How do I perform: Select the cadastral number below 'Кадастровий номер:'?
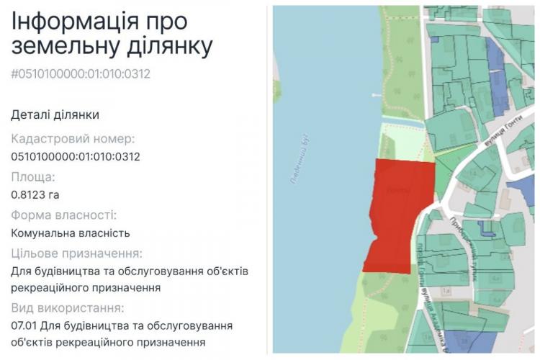[x=76, y=156]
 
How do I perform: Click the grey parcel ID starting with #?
[x=81, y=73]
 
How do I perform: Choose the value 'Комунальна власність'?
[x=71, y=233]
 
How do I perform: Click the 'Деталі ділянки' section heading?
[x=55, y=114]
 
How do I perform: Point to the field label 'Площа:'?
[x=33, y=177]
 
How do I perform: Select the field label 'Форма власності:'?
[x=64, y=215]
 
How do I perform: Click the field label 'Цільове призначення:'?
[x=76, y=253]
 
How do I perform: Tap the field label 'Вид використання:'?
[x=68, y=309]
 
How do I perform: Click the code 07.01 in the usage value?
[x=26, y=326]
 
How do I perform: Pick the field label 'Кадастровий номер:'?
[x=73, y=138]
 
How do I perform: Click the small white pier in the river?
[x=375, y=94]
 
